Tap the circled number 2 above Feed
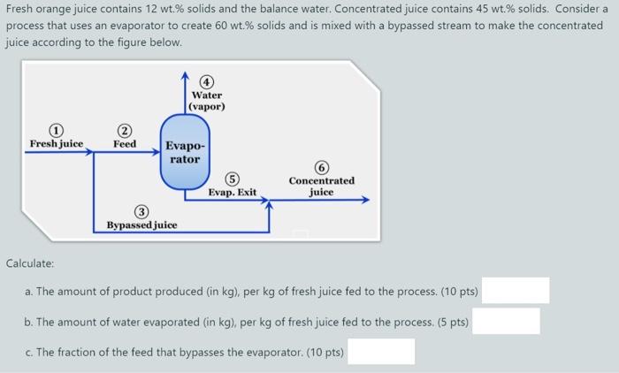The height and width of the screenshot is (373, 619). tap(125, 130)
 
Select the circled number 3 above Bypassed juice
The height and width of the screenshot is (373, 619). tap(141, 212)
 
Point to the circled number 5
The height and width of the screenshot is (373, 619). tap(232, 178)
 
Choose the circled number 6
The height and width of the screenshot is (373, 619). tap(321, 167)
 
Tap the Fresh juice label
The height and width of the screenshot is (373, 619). tap(57, 143)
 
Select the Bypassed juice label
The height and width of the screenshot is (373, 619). tap(141, 225)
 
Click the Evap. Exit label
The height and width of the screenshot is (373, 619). tap(233, 191)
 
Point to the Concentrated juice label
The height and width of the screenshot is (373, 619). tap(321, 186)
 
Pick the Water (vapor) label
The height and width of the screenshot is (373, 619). tap(207, 101)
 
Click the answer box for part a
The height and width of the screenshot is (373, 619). tap(515, 291)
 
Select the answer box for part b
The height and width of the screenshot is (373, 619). tap(506, 321)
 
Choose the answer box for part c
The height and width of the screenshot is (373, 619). tap(380, 352)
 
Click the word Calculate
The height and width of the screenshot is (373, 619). tap(30, 263)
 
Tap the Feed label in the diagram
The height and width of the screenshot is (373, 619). tap(125, 143)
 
